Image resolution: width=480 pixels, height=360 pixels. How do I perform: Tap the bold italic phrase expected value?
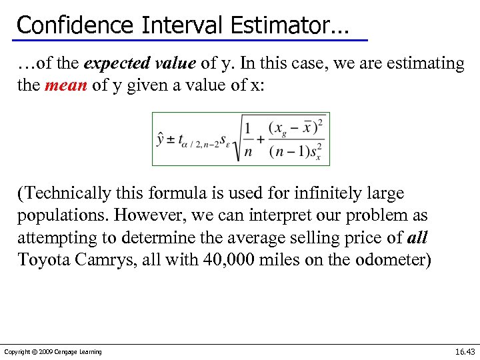(140, 63)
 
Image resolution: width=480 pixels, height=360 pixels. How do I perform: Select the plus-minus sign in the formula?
(171, 139)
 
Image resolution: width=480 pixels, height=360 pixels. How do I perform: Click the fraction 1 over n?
(249, 139)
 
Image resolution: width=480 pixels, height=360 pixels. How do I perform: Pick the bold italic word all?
(417, 238)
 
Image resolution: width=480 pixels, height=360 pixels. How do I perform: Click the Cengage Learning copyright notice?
(53, 352)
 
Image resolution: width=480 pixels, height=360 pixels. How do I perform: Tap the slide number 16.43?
(465, 351)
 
